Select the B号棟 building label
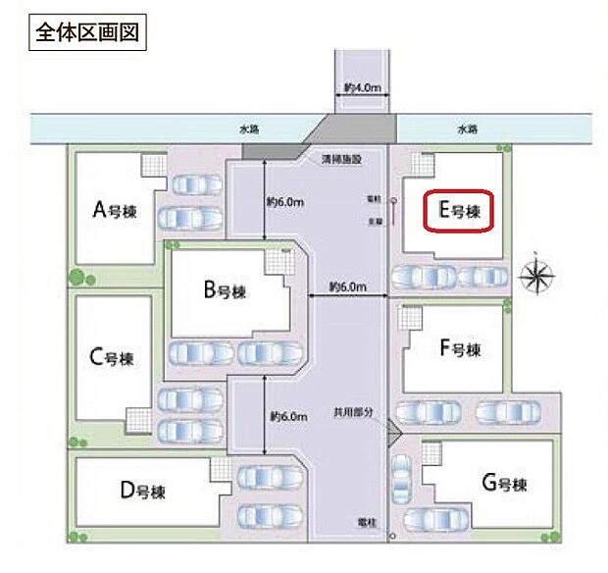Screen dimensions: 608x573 click(224, 290)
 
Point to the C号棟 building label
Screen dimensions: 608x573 click(111, 357)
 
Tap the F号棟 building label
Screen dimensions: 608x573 click(460, 348)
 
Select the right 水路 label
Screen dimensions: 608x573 click(466, 129)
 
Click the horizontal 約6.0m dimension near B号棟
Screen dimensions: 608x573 click(347, 286)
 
